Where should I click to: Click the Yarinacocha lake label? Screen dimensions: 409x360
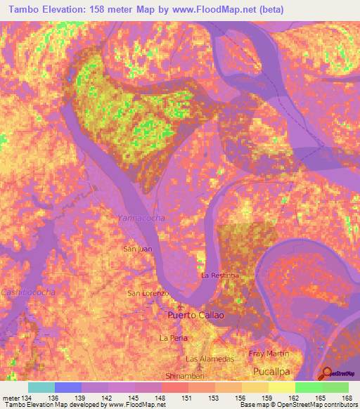click(x=141, y=219)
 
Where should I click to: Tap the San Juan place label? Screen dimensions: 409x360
click(x=137, y=249)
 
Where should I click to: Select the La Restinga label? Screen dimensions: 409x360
click(x=221, y=275)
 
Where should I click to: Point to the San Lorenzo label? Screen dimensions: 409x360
click(x=148, y=293)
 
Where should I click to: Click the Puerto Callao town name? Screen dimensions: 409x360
click(x=195, y=316)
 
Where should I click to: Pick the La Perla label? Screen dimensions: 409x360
click(x=172, y=338)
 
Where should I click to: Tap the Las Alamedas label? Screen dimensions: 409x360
click(x=206, y=358)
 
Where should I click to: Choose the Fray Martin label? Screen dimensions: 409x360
click(x=269, y=353)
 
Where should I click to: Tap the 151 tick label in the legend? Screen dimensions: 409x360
click(x=188, y=398)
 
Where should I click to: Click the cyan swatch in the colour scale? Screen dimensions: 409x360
click(x=41, y=387)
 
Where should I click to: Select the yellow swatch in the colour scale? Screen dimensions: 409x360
click(x=281, y=387)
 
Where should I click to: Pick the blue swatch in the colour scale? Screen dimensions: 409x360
click(x=67, y=387)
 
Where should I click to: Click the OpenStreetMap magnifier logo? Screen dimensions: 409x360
click(x=327, y=373)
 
